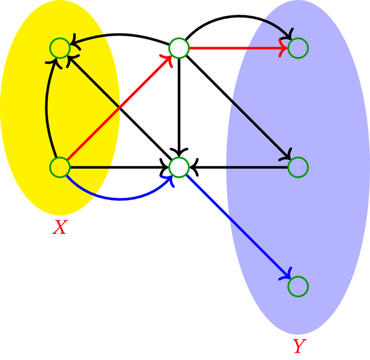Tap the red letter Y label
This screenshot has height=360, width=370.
tap(298, 346)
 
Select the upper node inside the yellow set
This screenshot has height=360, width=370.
tap(59, 48)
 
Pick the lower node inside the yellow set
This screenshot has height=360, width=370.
tap(59, 167)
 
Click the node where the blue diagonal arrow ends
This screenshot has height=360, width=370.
tap(298, 286)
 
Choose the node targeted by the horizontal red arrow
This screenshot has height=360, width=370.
tap(298, 48)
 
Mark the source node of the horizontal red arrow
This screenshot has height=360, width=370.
tap(178, 48)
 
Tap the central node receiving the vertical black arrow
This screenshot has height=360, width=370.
tap(178, 167)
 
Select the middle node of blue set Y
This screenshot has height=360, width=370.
tap(298, 167)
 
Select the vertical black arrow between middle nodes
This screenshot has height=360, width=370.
tap(178, 105)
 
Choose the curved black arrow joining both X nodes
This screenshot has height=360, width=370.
tap(45, 107)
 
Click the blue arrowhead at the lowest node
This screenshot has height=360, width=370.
tap(287, 277)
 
